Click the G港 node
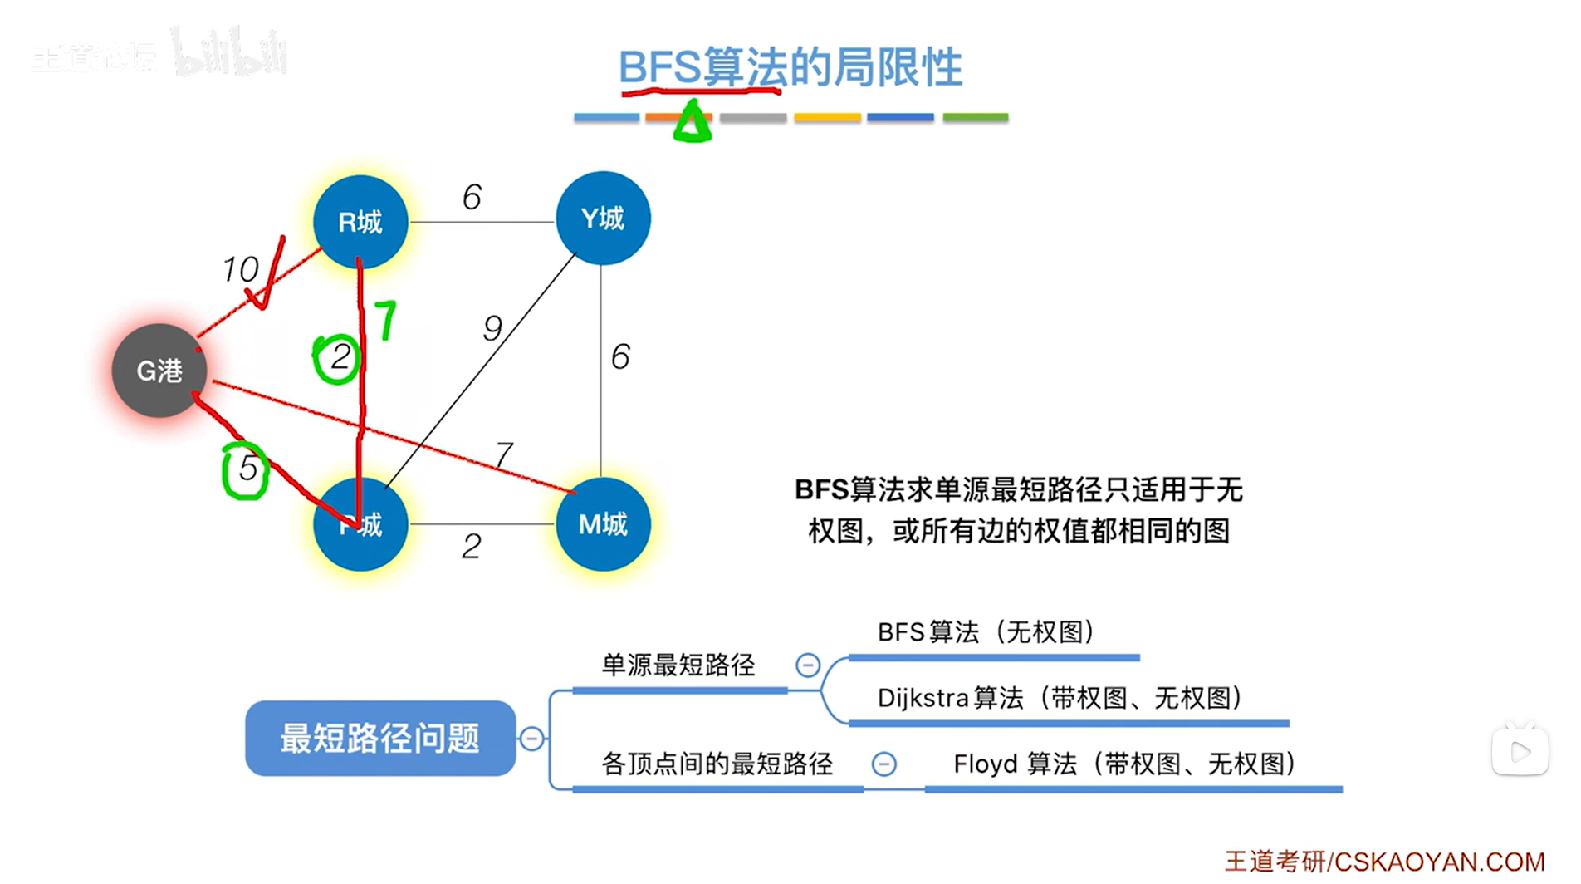pyautogui.click(x=159, y=371)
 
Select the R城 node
pyautogui.click(x=360, y=222)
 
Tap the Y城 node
pyautogui.click(x=603, y=219)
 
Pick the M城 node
pyautogui.click(x=603, y=524)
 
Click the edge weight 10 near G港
pyautogui.click(x=240, y=269)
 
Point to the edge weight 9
pyautogui.click(x=492, y=329)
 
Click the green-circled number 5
pyautogui.click(x=247, y=469)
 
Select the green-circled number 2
pyautogui.click(x=339, y=358)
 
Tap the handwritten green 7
pyautogui.click(x=385, y=320)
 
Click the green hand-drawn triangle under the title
pyautogui.click(x=693, y=122)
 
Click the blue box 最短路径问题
pyautogui.click(x=380, y=738)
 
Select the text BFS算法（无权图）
pyautogui.click(x=986, y=632)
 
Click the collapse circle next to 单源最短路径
pyautogui.click(x=808, y=665)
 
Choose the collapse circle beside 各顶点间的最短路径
pyautogui.click(x=883, y=764)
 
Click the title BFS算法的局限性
pyautogui.click(x=790, y=67)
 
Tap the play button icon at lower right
pyautogui.click(x=1520, y=752)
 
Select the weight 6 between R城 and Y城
pyautogui.click(x=472, y=198)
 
